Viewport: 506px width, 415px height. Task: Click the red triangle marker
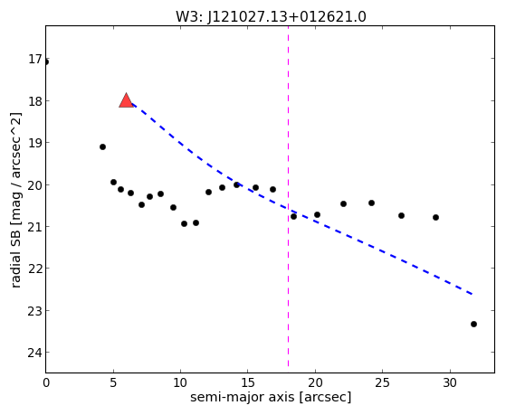click(126, 100)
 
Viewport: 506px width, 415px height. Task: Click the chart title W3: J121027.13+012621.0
click(271, 17)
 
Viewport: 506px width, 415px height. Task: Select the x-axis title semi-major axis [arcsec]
click(271, 397)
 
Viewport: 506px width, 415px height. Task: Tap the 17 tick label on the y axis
click(35, 60)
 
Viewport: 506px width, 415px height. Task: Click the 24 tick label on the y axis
click(35, 354)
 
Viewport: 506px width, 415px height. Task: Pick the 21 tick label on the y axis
click(35, 227)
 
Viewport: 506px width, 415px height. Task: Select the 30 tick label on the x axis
click(450, 382)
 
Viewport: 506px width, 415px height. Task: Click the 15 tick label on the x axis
click(247, 382)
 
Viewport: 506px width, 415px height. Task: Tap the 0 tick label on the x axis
click(46, 382)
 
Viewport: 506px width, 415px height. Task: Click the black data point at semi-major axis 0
click(46, 61)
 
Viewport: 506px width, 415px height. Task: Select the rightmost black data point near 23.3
click(473, 324)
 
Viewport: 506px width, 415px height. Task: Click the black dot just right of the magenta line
click(293, 216)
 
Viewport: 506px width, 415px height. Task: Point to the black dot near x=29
click(435, 217)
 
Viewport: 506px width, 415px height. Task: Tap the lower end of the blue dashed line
click(473, 294)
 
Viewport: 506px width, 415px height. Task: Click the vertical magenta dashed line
click(288, 197)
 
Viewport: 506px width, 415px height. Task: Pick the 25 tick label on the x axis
click(382, 382)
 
